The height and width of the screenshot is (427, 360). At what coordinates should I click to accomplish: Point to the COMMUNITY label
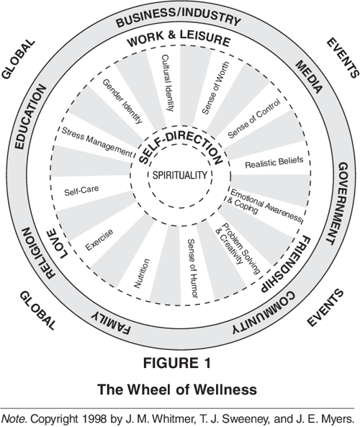click(x=267, y=307)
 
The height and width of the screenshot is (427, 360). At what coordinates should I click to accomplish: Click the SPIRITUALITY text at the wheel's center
click(x=180, y=175)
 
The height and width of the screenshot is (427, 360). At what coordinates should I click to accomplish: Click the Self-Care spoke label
click(x=81, y=192)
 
